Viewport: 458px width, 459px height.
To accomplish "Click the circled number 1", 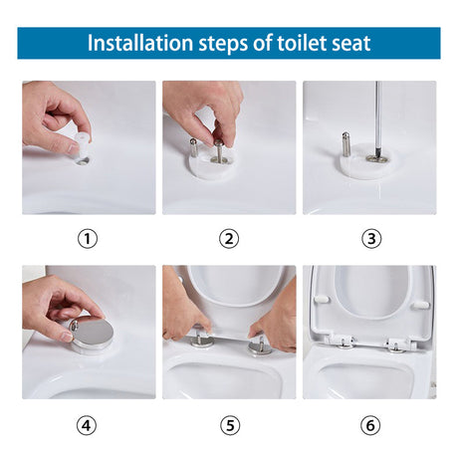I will [x=89, y=239].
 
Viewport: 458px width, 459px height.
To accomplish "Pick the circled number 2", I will [x=230, y=239].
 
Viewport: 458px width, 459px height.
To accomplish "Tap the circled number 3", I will [x=370, y=239].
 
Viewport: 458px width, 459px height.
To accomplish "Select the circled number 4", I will [x=89, y=425].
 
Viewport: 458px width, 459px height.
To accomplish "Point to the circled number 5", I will [x=230, y=425].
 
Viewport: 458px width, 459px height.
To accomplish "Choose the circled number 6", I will [x=370, y=425].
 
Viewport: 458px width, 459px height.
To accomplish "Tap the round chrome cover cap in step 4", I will [x=93, y=332].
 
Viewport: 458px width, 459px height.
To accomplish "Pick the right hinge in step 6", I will [x=399, y=344].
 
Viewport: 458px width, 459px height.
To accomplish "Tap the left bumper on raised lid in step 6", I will [x=322, y=298].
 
